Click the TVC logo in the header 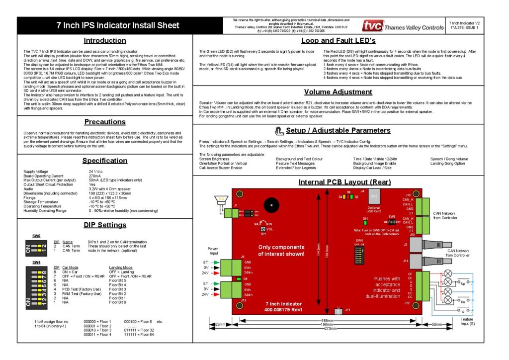(x=372, y=26)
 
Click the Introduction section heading (x=104, y=40)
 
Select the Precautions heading (x=104, y=122)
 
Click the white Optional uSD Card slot (x=374, y=196)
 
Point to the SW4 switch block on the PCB (x=359, y=256)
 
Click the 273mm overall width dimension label (x=325, y=329)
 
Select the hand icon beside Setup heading (x=278, y=131)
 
